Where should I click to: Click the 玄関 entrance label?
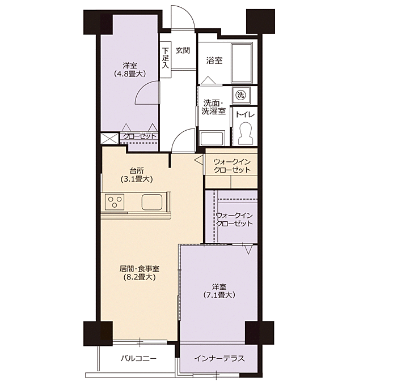click(183, 50)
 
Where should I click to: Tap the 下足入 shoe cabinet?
click(166, 59)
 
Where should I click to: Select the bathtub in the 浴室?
click(242, 63)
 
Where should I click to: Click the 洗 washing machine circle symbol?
click(241, 95)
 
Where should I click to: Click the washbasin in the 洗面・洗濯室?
click(212, 138)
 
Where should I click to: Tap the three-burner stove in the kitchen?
click(113, 202)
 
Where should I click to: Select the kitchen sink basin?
click(152, 202)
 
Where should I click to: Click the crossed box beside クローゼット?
click(109, 139)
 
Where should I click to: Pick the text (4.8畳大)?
click(130, 74)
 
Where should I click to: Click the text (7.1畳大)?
click(219, 295)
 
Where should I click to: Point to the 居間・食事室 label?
click(140, 269)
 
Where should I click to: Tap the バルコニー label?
click(138, 358)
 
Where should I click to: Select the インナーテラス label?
click(219, 358)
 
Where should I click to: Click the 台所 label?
click(137, 171)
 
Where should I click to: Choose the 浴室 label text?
click(214, 61)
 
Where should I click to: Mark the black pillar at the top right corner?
click(261, 22)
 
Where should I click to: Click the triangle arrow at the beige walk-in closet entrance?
click(198, 160)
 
